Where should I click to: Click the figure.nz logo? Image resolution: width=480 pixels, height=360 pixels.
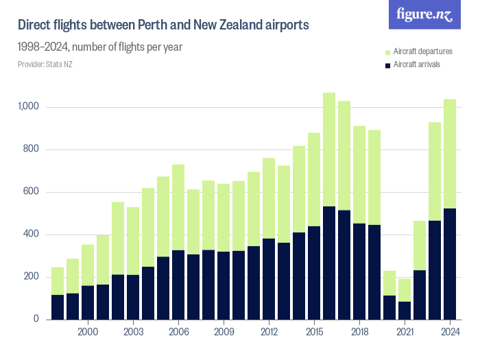coord(425,14)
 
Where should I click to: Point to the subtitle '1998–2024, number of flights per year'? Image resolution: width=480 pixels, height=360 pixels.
coord(99,47)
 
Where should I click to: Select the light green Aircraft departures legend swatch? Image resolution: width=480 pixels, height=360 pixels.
coord(387,52)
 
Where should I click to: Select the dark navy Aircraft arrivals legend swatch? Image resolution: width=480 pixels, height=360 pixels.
coord(387,64)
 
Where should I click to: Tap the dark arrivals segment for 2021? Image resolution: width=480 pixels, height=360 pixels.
coord(405,311)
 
